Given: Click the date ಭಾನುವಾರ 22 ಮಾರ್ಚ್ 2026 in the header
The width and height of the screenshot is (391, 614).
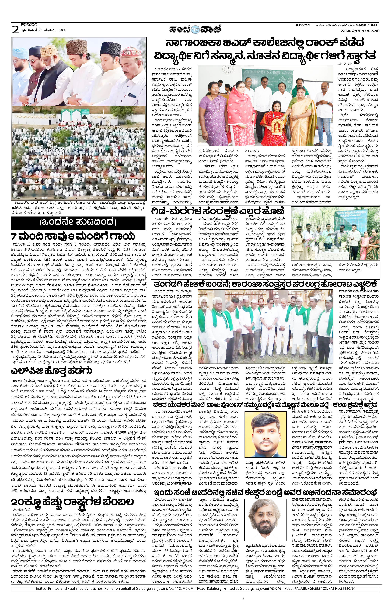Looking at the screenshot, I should click(45, 30).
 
